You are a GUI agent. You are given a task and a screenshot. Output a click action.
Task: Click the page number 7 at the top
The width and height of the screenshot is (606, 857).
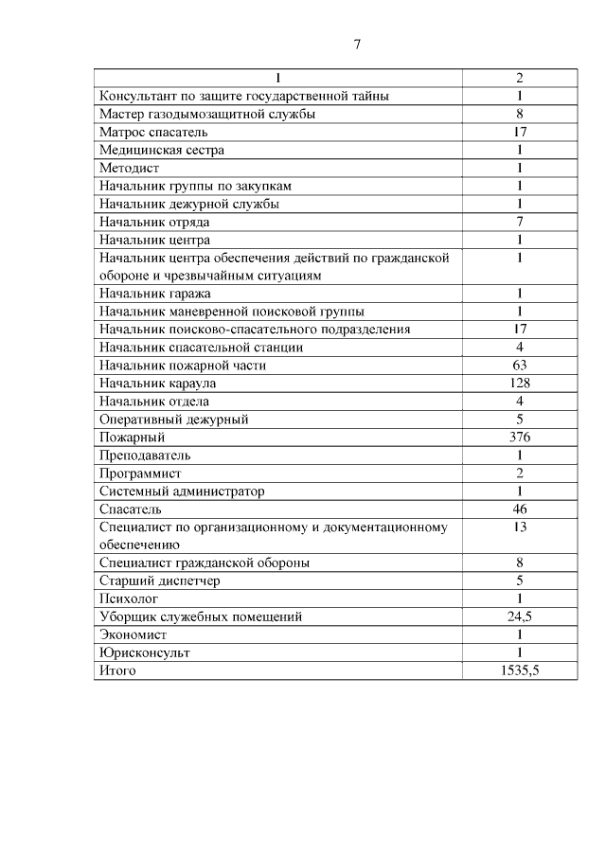(x=357, y=45)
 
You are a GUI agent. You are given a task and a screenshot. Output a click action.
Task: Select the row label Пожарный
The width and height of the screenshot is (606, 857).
(x=133, y=437)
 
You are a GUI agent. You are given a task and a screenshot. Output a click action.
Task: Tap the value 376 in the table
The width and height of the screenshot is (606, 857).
(x=520, y=437)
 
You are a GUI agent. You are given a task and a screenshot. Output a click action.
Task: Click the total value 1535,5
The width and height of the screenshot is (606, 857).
(x=520, y=670)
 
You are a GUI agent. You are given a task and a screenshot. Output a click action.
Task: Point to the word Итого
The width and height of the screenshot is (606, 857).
(x=117, y=670)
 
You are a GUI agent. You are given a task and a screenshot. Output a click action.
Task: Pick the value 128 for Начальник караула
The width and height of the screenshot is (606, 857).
(x=520, y=383)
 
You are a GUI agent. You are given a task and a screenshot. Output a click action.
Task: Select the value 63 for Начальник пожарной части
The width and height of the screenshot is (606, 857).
(x=520, y=365)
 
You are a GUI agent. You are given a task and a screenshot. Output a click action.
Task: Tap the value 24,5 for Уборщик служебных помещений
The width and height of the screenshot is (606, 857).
(x=520, y=616)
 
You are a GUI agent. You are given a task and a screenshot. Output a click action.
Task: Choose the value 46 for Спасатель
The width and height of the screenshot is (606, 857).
(x=520, y=509)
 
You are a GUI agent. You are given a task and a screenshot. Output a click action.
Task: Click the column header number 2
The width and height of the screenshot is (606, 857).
(x=520, y=78)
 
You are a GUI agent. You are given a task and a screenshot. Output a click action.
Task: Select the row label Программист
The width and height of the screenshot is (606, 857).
(x=140, y=473)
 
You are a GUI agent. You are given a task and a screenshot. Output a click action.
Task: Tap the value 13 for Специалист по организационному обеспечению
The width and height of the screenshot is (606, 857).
(x=520, y=527)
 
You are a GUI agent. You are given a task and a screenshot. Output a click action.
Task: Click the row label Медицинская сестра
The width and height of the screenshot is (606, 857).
(x=162, y=150)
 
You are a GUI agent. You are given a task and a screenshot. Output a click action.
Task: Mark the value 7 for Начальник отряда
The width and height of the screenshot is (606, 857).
(x=520, y=222)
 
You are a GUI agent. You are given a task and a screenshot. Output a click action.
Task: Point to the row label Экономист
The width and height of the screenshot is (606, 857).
(x=131, y=634)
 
